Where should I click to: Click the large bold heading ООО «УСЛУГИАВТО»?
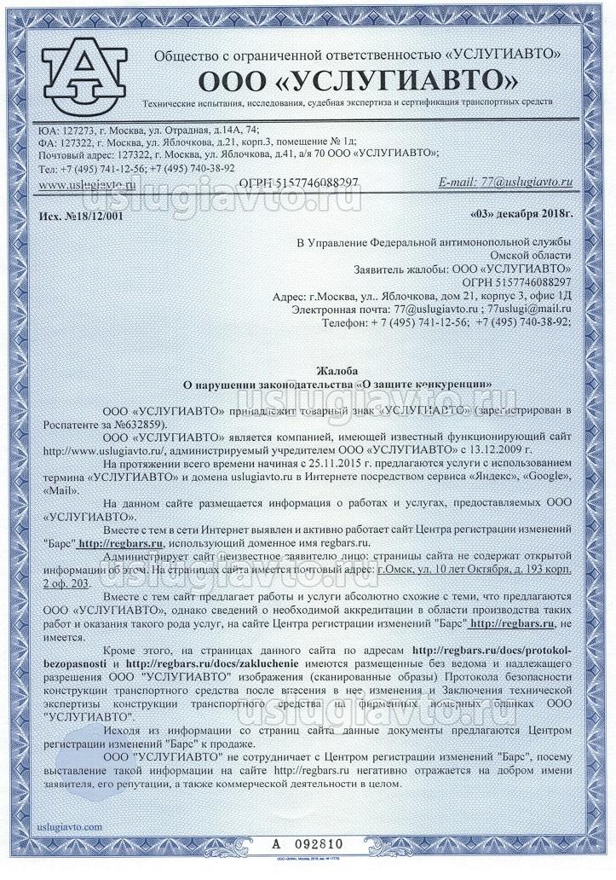tap(357, 80)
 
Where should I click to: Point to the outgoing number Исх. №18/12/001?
tap(81, 215)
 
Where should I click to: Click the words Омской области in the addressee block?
tap(537, 255)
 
